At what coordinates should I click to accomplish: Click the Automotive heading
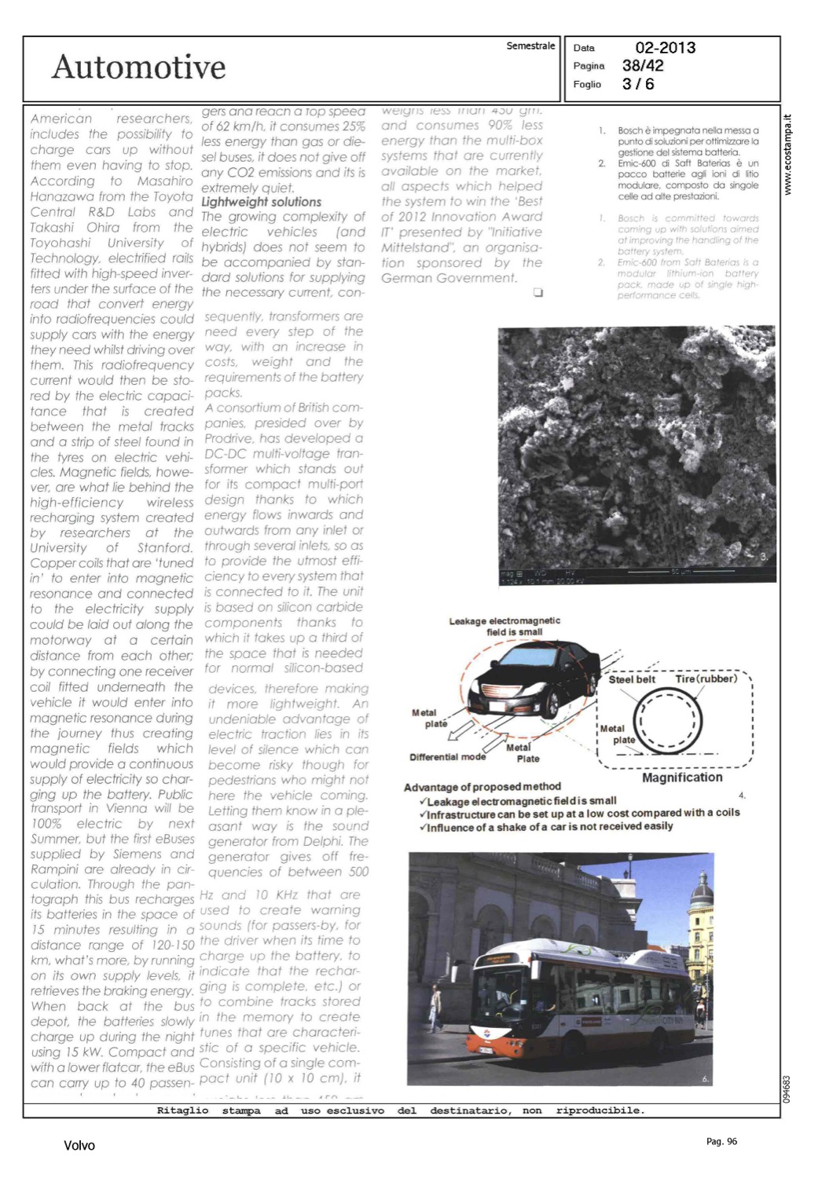(138, 68)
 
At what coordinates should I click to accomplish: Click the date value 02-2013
(665, 48)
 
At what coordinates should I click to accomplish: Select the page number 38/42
(643, 66)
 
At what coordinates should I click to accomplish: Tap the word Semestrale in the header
(530, 46)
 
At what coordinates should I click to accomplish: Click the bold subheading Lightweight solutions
(261, 202)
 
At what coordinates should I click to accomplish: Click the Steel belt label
(632, 679)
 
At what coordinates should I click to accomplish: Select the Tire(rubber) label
(706, 679)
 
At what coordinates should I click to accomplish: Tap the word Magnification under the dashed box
(682, 777)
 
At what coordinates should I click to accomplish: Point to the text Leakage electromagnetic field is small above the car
(504, 626)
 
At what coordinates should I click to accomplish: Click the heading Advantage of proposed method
(482, 787)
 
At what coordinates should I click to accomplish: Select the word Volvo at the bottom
(79, 1146)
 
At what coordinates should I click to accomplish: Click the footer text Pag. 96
(721, 1141)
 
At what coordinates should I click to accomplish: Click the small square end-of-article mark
(537, 293)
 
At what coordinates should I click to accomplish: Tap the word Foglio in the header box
(587, 84)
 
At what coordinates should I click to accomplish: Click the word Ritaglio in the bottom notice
(182, 1110)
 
